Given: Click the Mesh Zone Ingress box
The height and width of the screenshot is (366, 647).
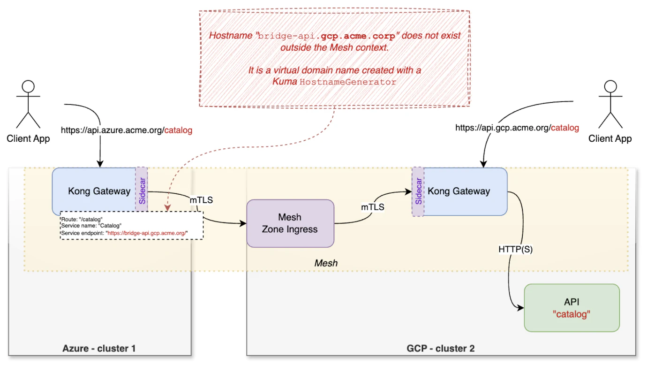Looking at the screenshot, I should [290, 223].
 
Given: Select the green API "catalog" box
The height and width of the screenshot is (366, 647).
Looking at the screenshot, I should [572, 308].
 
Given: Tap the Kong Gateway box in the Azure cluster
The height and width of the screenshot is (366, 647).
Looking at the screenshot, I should [94, 191].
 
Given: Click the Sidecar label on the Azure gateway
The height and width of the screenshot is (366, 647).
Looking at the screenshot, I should [142, 191].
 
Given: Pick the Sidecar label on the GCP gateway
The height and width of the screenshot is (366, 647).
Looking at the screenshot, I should [418, 191].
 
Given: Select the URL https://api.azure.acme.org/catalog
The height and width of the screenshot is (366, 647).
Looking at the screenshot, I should [127, 130].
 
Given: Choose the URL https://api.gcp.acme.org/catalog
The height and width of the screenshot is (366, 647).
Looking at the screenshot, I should [517, 127].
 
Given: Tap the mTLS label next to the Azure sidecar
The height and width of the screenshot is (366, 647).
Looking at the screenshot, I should [201, 200].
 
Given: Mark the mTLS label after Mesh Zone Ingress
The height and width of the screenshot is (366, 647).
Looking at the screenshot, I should [373, 207].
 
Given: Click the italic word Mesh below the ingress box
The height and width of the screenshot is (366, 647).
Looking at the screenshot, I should [326, 263].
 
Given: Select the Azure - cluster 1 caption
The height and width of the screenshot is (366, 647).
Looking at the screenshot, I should [99, 349].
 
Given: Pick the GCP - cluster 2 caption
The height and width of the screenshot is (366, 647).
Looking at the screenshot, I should [441, 349].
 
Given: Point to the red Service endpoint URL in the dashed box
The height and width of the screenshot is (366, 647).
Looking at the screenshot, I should [148, 233].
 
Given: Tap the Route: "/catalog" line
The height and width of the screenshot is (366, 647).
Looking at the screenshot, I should [82, 219].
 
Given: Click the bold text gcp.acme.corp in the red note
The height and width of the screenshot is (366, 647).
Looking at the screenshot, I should [358, 36].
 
